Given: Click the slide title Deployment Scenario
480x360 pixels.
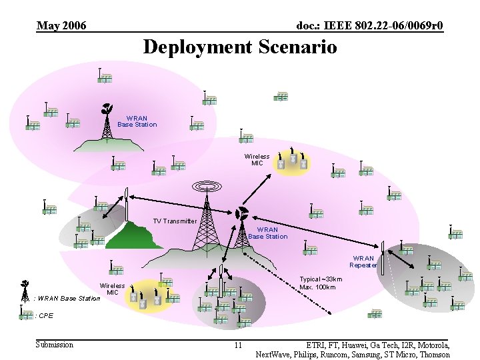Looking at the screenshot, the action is coord(239,47).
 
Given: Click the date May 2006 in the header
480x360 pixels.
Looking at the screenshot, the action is coord(61,26).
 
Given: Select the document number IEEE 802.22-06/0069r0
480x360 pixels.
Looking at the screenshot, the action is coord(369,26).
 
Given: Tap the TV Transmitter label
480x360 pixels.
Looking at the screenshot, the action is coord(175,221).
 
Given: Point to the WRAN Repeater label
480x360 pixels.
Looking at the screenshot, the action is coord(363,261).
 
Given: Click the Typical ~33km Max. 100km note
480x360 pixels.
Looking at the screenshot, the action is coord(321,283).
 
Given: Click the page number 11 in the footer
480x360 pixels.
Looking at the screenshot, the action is coord(238,345).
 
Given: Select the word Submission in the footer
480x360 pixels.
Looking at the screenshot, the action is coord(55,345).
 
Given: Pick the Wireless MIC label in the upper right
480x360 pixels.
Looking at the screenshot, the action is coord(257,160).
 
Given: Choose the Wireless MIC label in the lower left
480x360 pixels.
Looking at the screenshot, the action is coord(113,289).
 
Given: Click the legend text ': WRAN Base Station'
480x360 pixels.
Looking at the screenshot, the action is coord(66,298).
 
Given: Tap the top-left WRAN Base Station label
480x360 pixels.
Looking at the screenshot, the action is coord(137,121).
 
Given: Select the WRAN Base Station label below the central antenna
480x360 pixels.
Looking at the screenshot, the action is coord(267,233).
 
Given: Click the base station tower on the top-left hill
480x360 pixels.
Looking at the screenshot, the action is coord(105,123).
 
